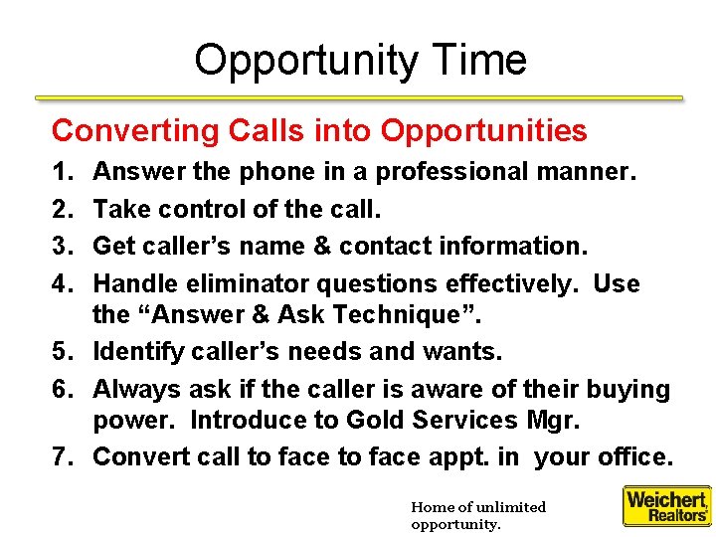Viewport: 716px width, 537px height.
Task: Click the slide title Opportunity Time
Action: tap(360, 60)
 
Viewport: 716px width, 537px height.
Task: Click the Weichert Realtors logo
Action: tap(666, 505)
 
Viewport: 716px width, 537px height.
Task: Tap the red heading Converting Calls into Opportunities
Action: tap(319, 130)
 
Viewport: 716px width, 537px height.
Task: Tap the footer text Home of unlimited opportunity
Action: tap(477, 515)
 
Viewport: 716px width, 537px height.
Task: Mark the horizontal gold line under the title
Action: tap(359, 98)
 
